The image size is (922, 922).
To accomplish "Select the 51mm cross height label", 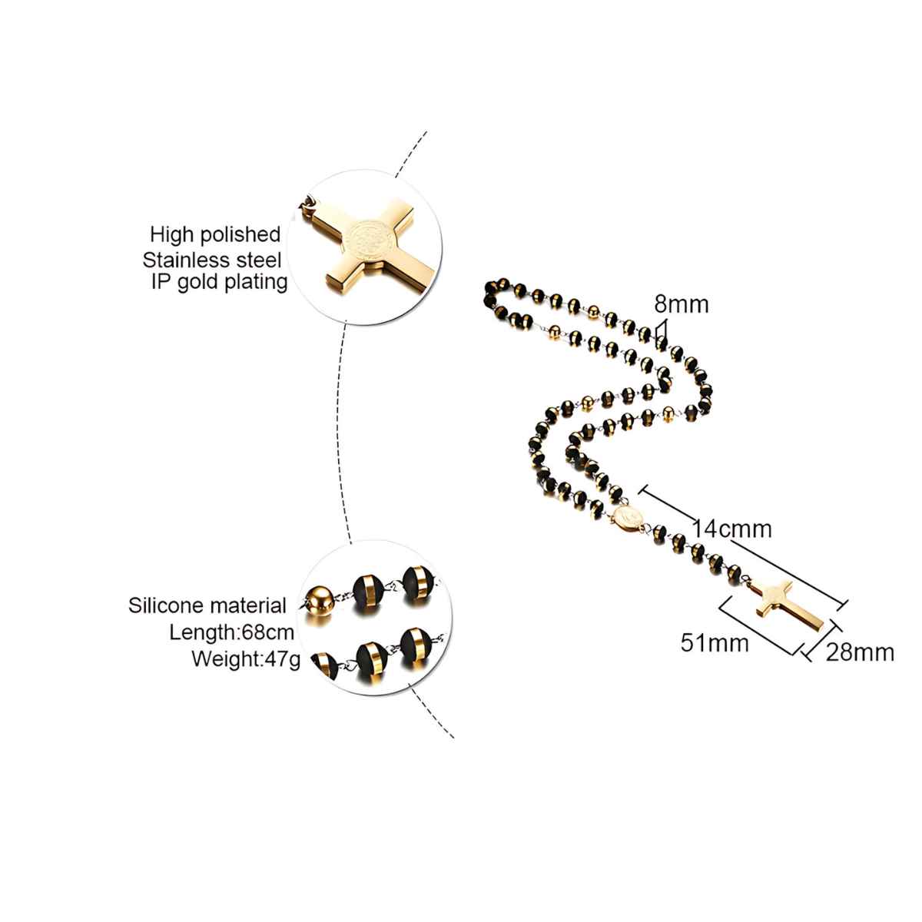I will tap(715, 642).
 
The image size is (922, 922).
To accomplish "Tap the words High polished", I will tap(215, 234).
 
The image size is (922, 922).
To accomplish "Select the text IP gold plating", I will tap(219, 281).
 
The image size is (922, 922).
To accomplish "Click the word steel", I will tap(260, 257).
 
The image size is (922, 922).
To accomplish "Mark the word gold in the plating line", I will tap(197, 281).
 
